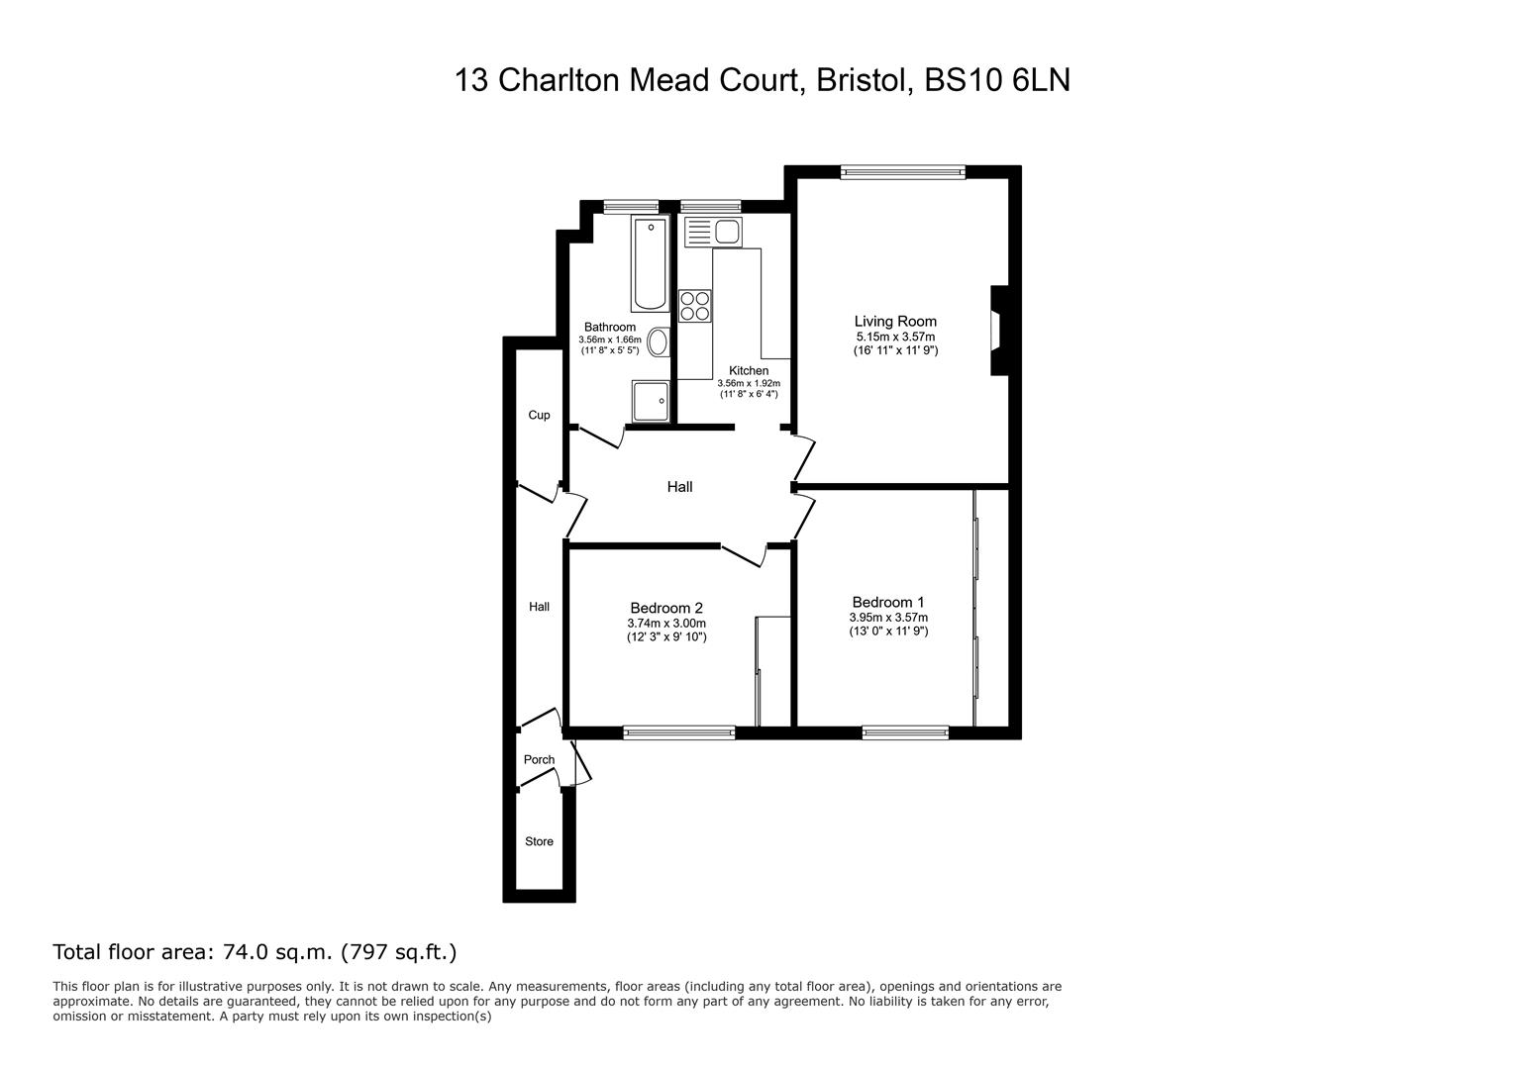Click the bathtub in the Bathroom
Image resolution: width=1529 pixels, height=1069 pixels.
tap(650, 263)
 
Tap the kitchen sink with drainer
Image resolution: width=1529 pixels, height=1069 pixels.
tap(713, 232)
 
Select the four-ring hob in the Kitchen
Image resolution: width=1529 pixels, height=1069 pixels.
tap(695, 305)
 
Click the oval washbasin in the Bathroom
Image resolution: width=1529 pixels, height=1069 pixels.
tap(659, 341)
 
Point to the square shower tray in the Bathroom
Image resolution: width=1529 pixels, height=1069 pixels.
tap(651, 401)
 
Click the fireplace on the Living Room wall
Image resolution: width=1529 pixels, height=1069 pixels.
tap(999, 331)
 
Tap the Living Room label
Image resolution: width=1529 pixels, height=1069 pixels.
tap(895, 322)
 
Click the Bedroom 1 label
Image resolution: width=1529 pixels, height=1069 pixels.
tap(888, 603)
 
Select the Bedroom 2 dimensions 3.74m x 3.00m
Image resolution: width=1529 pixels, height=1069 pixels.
tap(666, 623)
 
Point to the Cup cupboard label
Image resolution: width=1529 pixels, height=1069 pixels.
tap(539, 415)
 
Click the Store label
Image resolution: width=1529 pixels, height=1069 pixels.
tap(539, 841)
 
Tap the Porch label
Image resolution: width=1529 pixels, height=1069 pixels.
tap(539, 759)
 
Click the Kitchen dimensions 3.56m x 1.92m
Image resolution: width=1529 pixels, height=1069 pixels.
tap(748, 383)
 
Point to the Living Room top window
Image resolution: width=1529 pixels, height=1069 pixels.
tap(903, 172)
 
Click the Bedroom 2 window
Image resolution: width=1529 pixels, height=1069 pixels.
tap(678, 732)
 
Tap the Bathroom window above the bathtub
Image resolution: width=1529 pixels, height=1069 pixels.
tap(632, 206)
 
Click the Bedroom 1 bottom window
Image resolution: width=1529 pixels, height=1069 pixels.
tap(905, 732)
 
